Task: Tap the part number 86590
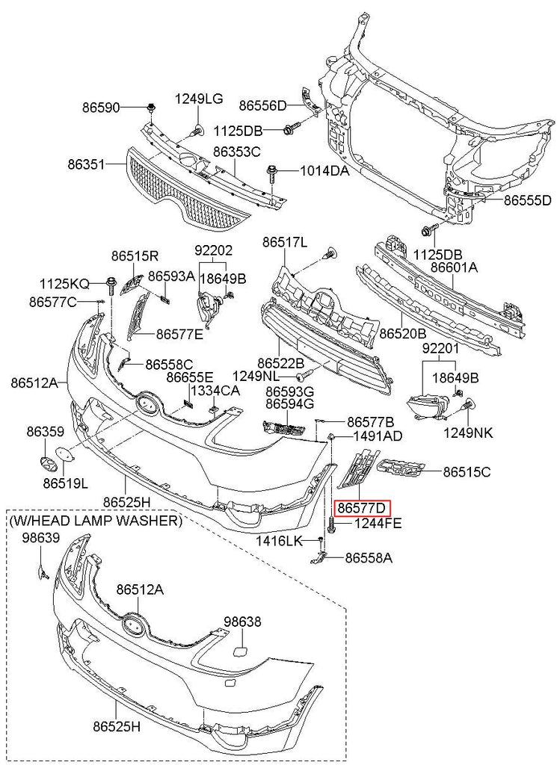(101, 108)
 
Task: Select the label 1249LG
(199, 99)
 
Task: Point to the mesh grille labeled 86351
(187, 187)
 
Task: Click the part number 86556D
(262, 105)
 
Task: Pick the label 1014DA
(324, 171)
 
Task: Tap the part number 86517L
(284, 242)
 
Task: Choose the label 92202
(213, 250)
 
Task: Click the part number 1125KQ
(64, 283)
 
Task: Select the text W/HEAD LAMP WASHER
(95, 521)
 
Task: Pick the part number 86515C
(467, 471)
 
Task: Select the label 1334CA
(215, 391)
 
